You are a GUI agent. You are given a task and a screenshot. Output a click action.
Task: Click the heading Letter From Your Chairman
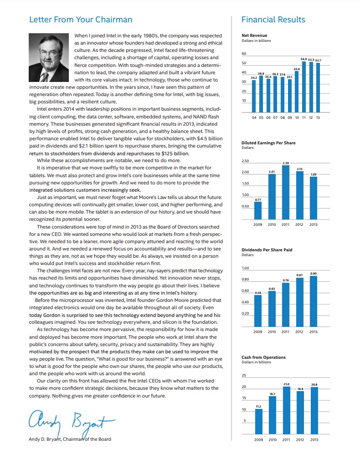pyautogui.click(x=81, y=20)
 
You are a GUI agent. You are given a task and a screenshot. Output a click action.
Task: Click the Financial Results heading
pyautogui.click(x=273, y=20)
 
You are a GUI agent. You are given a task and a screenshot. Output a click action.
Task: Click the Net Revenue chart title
pyautogui.click(x=254, y=36)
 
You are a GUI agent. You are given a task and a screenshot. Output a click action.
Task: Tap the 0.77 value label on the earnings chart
pyautogui.click(x=258, y=199)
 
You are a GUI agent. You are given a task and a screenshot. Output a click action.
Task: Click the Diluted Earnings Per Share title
pyautogui.click(x=268, y=143)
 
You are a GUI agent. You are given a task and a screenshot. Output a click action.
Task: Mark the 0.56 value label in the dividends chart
pyautogui.click(x=258, y=293)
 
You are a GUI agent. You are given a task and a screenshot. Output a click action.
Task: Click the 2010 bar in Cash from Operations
pyautogui.click(x=272, y=415)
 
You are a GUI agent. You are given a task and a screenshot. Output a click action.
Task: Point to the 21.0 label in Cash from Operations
pyautogui.click(x=286, y=385)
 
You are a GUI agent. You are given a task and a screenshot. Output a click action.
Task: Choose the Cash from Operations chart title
pyautogui.click(x=263, y=357)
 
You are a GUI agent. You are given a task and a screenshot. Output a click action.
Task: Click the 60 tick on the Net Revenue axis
pyautogui.click(x=244, y=54)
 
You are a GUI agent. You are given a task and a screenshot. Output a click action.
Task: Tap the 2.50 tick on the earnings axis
pyautogui.click(x=245, y=161)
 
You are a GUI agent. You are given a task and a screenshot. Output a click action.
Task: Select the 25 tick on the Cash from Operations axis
pyautogui.click(x=244, y=376)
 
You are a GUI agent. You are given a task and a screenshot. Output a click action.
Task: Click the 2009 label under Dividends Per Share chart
pyautogui.click(x=258, y=331)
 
